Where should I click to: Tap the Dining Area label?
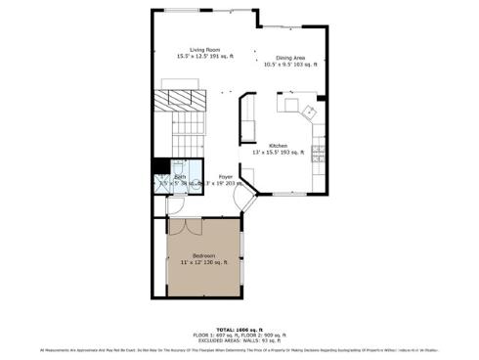(x=290, y=58)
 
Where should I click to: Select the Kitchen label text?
(x=279, y=146)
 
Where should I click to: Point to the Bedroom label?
(x=203, y=255)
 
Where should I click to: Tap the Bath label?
(x=180, y=176)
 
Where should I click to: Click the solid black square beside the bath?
(x=159, y=165)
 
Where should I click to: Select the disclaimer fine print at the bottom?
(x=239, y=349)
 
